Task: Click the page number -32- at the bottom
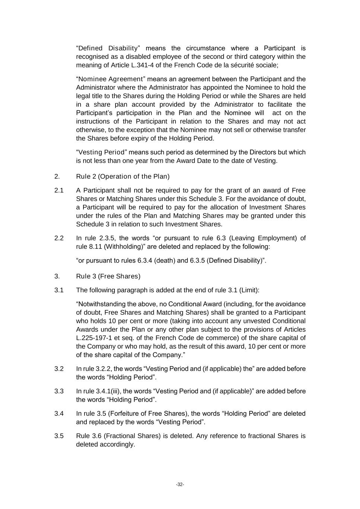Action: tap(180, 484)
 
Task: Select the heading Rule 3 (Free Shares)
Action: tap(108, 276)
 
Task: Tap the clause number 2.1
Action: tap(59, 191)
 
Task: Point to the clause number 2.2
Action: tap(59, 238)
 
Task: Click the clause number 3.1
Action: tap(59, 290)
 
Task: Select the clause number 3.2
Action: tap(59, 369)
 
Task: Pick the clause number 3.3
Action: tap(59, 391)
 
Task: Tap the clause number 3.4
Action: tap(59, 414)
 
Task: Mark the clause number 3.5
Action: tap(59, 436)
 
